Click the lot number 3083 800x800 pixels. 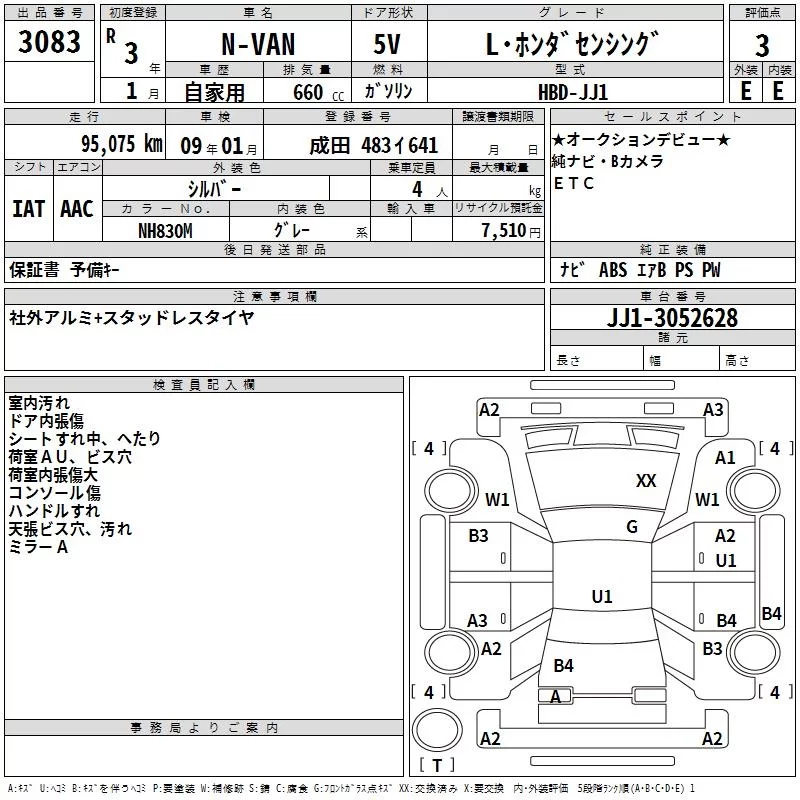tap(50, 42)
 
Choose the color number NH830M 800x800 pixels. tap(165, 231)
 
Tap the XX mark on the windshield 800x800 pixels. tap(646, 481)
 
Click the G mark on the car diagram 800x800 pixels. tap(632, 527)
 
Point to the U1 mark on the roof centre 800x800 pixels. tap(602, 596)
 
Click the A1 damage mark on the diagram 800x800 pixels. tap(725, 458)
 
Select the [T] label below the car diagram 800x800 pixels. tap(436, 766)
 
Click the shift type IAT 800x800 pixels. tap(28, 209)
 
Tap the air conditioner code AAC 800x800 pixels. tap(77, 209)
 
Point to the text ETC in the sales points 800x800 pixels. tap(574, 183)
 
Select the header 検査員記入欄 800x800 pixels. tap(204, 385)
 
